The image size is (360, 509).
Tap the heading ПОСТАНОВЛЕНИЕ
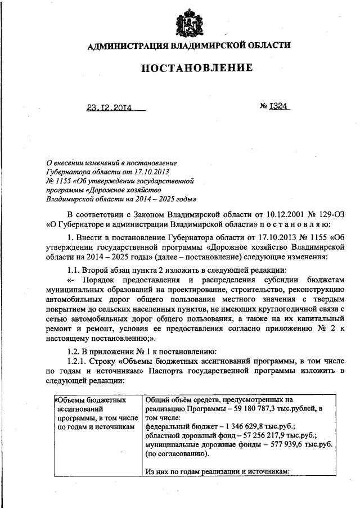[x=196, y=69]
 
